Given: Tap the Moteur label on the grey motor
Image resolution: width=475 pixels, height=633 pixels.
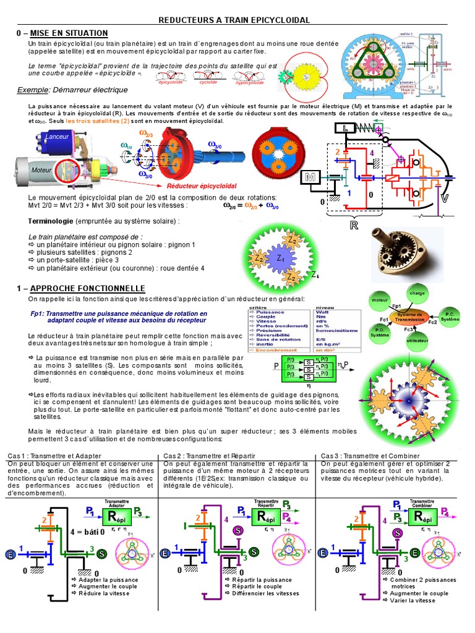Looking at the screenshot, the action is pyautogui.click(x=41, y=168).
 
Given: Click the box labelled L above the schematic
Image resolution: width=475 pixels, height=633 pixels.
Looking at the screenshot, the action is pyautogui.click(x=344, y=129).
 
